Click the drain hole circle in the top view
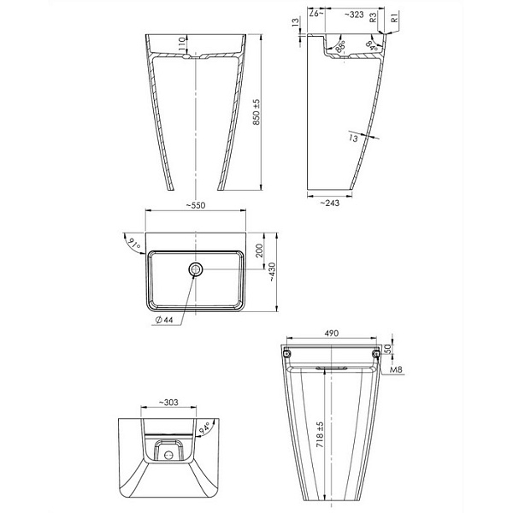(x=197, y=270)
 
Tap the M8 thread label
(x=395, y=370)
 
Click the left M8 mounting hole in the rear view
(x=287, y=353)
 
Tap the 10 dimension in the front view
(x=182, y=41)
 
